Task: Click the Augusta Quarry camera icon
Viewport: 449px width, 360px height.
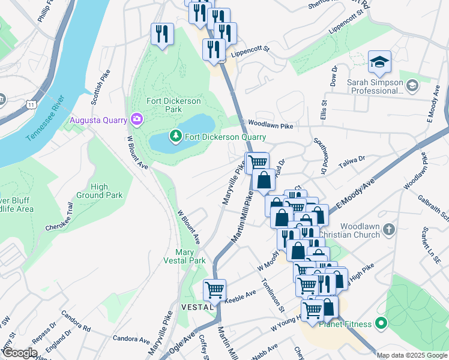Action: pos(136,119)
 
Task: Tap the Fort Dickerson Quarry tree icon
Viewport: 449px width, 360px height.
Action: pos(175,137)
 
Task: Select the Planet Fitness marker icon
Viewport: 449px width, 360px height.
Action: pos(381,325)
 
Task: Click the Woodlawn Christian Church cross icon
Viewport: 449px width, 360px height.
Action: pos(389,229)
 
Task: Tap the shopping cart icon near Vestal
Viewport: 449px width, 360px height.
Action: pos(214,290)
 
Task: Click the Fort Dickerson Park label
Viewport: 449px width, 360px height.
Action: pos(174,106)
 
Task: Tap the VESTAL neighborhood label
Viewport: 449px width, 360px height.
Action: pos(196,307)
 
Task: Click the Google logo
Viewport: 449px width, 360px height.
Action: pos(20,353)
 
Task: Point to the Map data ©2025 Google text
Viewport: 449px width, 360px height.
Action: pos(411,355)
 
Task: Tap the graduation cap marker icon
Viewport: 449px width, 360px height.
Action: pos(379,61)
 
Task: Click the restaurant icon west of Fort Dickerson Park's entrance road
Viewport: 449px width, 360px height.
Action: pos(161,34)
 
